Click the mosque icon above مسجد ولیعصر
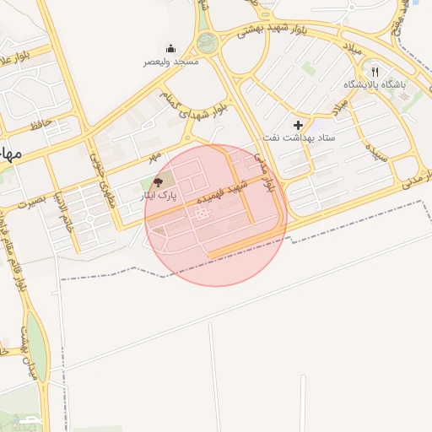170,48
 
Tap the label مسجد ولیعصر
170,62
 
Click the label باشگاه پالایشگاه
375,85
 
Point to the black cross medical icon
298,125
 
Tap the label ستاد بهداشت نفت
299,137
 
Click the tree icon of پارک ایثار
158,182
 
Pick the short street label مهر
154,158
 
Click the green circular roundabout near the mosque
207,42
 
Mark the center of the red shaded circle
216,215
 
